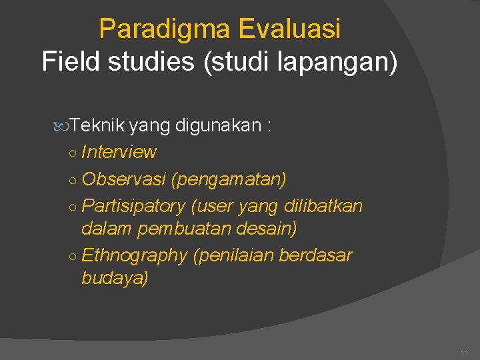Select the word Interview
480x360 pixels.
(119, 152)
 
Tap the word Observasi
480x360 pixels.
(123, 179)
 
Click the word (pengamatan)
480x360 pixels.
(229, 179)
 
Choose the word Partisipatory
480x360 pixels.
(133, 206)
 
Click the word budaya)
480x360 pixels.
(115, 278)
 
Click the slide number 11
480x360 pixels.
(464, 351)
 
